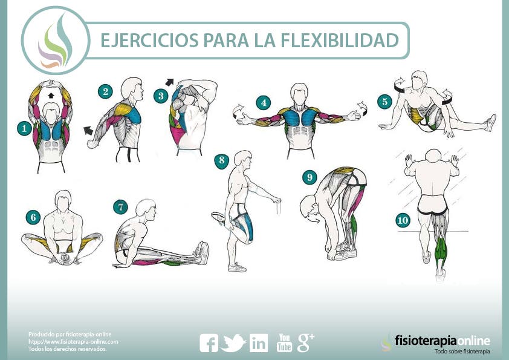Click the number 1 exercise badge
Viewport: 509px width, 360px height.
pos(24,129)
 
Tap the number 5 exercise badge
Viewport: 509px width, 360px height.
pos(384,102)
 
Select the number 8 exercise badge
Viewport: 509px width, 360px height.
pos(221,160)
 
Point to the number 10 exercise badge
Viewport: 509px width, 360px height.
pos(403,221)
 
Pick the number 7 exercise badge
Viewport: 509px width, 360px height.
pos(120,207)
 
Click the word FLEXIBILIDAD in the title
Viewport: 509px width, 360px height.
pos(339,40)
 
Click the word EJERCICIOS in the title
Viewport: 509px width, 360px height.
pos(149,40)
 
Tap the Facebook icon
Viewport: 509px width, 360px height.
pos(209,343)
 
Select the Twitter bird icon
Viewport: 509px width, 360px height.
pos(233,342)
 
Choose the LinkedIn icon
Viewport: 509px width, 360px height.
pos(259,343)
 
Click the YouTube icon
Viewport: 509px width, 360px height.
pos(284,342)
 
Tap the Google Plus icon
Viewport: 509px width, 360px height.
pos(305,342)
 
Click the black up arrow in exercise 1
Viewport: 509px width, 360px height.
pos(50,95)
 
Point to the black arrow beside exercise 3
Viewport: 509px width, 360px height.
pos(169,82)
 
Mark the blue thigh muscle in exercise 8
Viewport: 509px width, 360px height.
pos(246,224)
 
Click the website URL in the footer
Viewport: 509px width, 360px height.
pos(73,342)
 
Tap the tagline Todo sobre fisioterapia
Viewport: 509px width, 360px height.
pos(462,352)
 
